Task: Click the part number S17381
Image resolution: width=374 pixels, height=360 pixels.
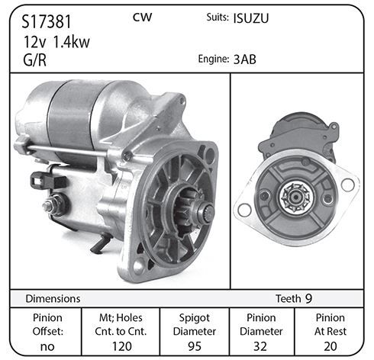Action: tap(46, 21)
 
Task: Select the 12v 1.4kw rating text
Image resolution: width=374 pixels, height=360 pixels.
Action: tap(56, 42)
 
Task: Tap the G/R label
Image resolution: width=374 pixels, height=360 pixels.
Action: tap(34, 60)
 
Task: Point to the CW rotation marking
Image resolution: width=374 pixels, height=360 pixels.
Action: tap(142, 18)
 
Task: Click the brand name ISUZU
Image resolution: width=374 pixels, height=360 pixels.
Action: tap(251, 18)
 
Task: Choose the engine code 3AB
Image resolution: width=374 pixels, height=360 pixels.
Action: tap(245, 59)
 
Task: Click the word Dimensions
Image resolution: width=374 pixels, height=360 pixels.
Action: tap(53, 299)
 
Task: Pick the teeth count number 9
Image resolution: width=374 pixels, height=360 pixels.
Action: tap(308, 299)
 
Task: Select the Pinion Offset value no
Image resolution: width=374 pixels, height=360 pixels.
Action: tap(47, 346)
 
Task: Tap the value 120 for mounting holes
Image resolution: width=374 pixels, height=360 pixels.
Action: tap(122, 346)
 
